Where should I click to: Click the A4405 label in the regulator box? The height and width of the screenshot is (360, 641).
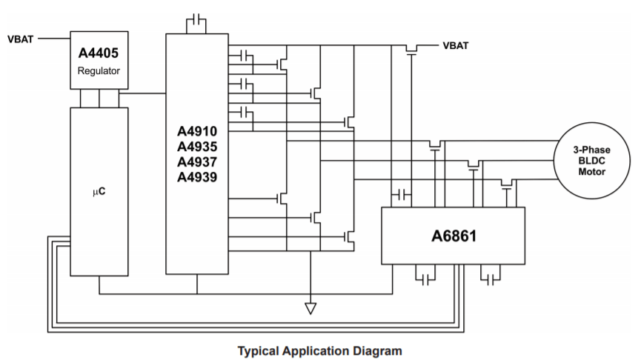(99, 53)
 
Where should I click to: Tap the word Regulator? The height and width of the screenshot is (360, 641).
(99, 72)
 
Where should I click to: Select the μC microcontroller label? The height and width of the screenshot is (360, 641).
(98, 192)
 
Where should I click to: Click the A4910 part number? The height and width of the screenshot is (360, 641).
(196, 132)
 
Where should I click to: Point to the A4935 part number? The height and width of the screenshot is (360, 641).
(196, 147)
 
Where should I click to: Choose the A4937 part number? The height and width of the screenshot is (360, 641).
(196, 161)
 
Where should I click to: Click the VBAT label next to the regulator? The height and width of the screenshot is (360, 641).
(21, 38)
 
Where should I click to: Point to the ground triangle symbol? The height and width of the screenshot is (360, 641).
(310, 307)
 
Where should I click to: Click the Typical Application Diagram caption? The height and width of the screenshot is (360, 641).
(319, 350)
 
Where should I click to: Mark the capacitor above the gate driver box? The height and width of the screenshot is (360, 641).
(196, 21)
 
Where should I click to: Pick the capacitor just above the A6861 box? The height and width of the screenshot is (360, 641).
(401, 195)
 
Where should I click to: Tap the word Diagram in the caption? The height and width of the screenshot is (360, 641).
(378, 350)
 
